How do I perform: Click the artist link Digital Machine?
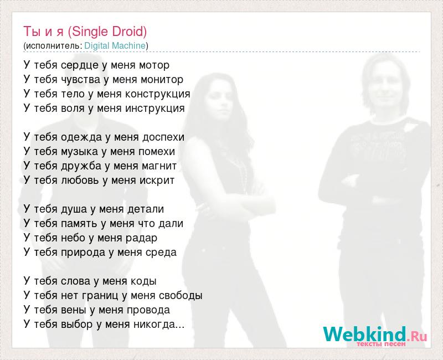[115, 45]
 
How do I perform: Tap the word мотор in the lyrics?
[154, 65]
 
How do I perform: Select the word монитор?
[162, 80]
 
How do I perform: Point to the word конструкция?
[158, 94]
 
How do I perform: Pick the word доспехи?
[163, 137]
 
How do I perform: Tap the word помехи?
[157, 152]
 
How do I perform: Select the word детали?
[146, 209]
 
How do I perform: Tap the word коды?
[143, 281]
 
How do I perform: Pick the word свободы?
[181, 296]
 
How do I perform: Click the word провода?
[148, 310]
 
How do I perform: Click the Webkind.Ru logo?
[375, 336]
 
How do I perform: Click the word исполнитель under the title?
[52, 46]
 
